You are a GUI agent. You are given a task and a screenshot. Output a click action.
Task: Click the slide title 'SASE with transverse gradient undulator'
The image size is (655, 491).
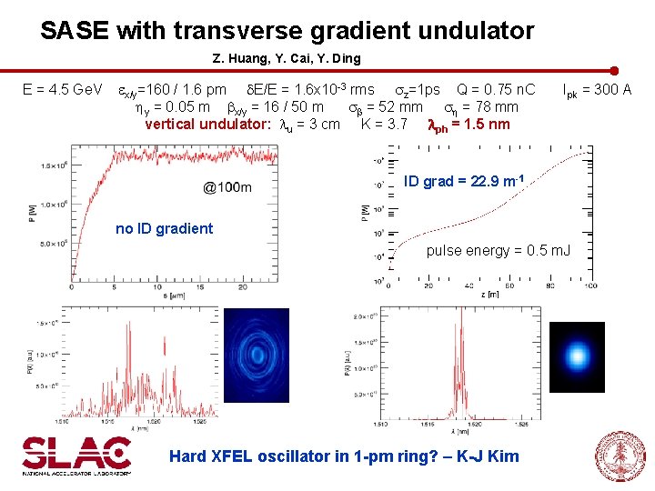coord(287,31)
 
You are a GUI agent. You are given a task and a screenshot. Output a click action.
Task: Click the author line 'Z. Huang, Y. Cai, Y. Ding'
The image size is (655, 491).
coord(287,58)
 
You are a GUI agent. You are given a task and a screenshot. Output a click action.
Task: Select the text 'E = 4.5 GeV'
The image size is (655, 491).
coord(63,90)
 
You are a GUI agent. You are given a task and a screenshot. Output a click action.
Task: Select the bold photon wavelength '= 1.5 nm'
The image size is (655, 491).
coord(480,124)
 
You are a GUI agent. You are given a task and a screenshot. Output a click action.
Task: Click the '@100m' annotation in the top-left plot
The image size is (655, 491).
coord(227,187)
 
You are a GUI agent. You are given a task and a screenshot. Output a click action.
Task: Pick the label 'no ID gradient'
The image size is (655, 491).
coord(165,228)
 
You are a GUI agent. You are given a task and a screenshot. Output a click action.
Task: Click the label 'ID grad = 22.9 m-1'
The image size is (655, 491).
coord(464,181)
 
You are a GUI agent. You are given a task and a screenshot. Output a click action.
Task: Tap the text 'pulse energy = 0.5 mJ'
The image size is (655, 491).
coord(499,250)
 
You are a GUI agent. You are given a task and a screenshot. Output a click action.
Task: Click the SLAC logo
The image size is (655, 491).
coord(77,455)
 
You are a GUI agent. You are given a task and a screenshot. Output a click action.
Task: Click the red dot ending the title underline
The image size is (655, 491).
coord(614,70)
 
